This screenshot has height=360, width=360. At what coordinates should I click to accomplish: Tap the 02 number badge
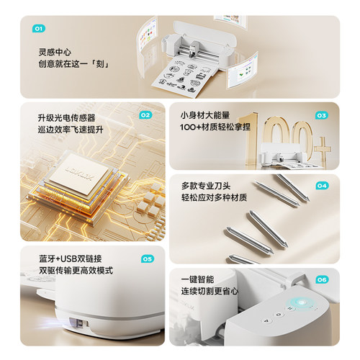coord(145,114)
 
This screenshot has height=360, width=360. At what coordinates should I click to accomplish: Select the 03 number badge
coord(321,115)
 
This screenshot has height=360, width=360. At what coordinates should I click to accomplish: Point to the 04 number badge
coord(321,185)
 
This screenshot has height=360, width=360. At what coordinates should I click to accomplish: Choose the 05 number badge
coord(146,258)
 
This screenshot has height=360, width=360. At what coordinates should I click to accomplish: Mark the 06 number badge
coord(321,279)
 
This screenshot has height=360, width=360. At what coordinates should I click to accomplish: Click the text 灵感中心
coord(55,53)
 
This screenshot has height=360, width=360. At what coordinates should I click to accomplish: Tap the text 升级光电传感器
coord(67,117)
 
